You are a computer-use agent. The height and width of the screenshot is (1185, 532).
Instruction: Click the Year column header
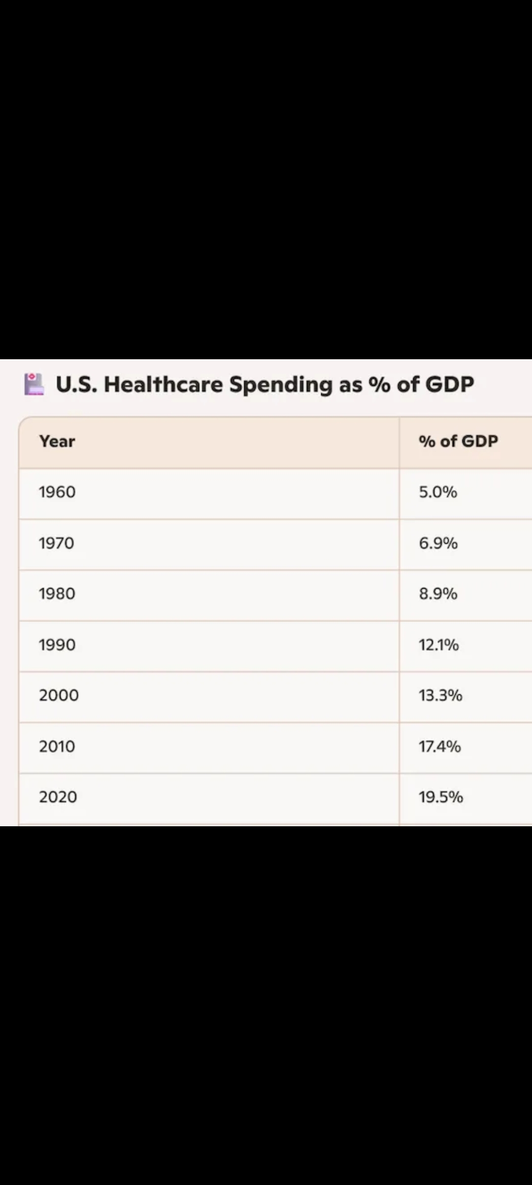point(57,441)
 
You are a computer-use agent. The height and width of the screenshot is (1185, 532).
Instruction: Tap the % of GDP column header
point(458,441)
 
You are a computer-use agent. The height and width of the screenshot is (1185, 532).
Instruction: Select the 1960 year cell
point(57,492)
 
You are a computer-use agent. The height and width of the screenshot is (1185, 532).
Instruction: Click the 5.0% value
point(438,492)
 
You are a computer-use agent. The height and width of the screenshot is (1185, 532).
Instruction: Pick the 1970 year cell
point(57,543)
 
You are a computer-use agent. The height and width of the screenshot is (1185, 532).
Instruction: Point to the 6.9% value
point(438,543)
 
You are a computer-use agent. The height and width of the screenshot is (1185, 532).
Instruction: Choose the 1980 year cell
point(57,594)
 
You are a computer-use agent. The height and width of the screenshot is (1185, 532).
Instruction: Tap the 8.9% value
point(438,594)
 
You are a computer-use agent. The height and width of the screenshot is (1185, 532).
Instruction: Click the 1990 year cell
point(57,645)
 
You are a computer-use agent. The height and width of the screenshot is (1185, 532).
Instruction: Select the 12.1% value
point(438,645)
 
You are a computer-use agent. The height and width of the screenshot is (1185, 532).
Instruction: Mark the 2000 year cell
point(59,695)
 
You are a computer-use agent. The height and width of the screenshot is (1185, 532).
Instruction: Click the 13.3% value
point(440,695)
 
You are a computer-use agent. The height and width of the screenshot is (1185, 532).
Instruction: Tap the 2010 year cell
point(57,747)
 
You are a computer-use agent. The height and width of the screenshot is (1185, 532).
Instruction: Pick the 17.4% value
point(439,747)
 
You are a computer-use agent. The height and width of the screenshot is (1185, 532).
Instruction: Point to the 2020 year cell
point(58,797)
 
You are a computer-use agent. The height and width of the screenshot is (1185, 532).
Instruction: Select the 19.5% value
point(441,797)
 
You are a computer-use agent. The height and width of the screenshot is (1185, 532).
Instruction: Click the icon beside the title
point(34,384)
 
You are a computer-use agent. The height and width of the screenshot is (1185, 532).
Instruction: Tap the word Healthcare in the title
point(163,384)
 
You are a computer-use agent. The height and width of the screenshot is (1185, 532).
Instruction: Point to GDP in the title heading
point(449,384)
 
